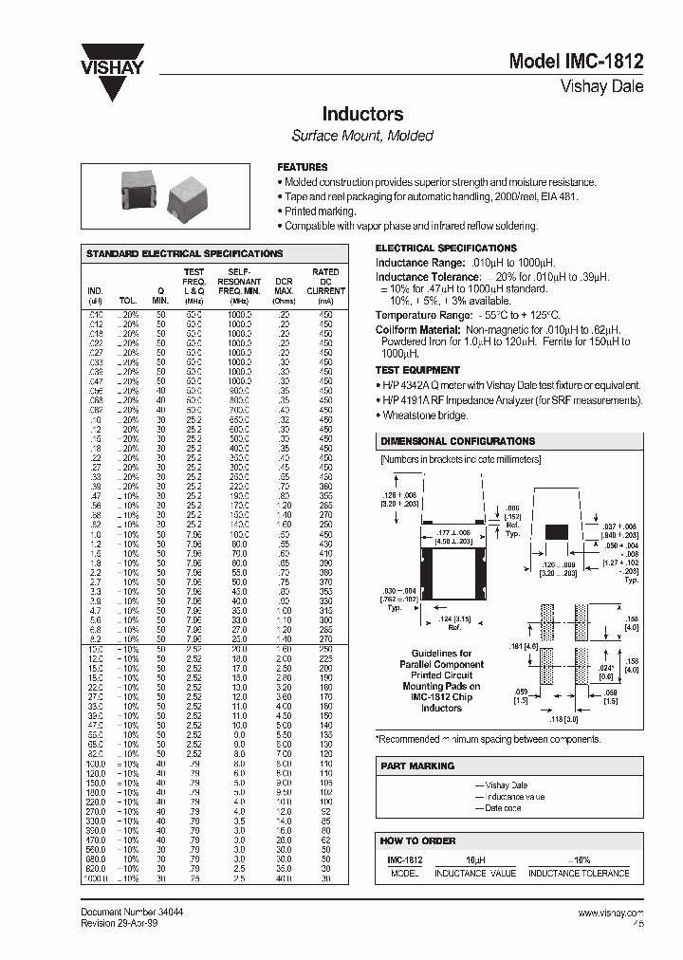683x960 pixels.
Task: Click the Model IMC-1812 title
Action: [576, 62]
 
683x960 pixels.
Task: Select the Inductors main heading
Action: [362, 114]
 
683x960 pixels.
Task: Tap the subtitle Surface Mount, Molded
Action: [362, 136]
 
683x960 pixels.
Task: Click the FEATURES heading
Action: [302, 167]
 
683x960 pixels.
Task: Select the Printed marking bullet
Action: [320, 212]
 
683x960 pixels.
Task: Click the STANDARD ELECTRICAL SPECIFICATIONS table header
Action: [184, 254]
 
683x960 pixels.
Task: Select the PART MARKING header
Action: [416, 766]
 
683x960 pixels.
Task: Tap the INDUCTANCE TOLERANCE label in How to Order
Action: [578, 873]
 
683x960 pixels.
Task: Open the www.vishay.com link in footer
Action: [611, 912]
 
